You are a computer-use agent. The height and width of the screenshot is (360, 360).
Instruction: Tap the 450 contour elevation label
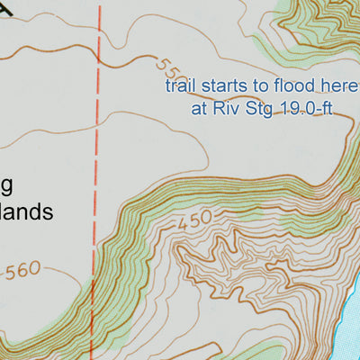click(x=193, y=219)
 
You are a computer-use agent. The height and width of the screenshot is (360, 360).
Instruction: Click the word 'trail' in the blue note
click(x=179, y=87)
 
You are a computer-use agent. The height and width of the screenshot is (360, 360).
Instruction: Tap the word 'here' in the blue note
click(x=328, y=87)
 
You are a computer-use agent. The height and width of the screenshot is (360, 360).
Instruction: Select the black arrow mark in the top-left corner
click(x=9, y=7)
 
